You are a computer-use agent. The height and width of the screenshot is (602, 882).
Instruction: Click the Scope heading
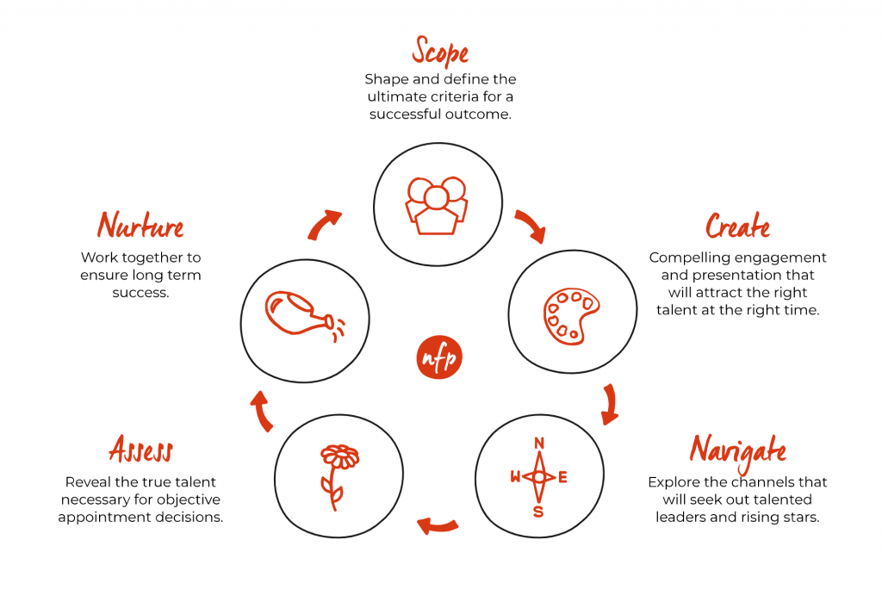click(x=440, y=51)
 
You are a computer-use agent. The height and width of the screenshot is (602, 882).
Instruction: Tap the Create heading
click(x=737, y=226)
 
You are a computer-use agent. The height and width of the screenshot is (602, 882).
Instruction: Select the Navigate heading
click(x=737, y=451)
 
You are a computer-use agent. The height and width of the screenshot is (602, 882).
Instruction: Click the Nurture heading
click(x=140, y=225)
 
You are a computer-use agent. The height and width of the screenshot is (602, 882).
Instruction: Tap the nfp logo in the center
click(x=439, y=357)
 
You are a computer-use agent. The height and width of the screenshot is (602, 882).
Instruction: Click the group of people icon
click(x=437, y=205)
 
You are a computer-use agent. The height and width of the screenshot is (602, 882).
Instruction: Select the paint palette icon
click(x=571, y=317)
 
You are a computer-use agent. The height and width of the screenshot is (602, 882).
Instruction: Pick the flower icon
click(x=339, y=477)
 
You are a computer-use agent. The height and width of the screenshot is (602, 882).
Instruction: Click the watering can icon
click(x=305, y=315)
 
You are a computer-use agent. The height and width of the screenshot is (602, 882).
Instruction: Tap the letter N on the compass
click(x=539, y=444)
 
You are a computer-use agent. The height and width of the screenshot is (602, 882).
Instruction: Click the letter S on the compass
click(x=538, y=512)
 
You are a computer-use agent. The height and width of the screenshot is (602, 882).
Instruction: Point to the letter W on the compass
click(x=515, y=477)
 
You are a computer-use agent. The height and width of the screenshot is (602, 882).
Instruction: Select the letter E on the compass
click(x=562, y=478)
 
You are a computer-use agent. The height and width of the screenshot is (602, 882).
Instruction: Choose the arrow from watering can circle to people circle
click(x=323, y=224)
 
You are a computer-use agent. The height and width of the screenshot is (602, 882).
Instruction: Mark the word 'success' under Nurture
click(x=140, y=293)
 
